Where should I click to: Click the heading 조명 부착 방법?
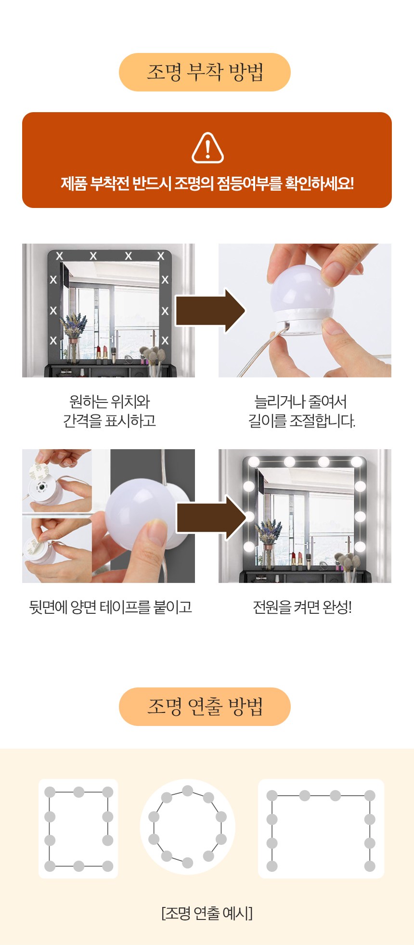pyautogui.click(x=205, y=72)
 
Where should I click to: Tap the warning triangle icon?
pyautogui.click(x=207, y=147)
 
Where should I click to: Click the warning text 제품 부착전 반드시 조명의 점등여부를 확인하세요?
pyautogui.click(x=207, y=183)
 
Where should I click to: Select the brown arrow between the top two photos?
pyautogui.click(x=210, y=311)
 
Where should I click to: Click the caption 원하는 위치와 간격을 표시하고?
pyautogui.click(x=110, y=411)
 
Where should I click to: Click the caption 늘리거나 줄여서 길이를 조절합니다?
pyautogui.click(x=302, y=411)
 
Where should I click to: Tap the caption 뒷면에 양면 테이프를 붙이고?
pyautogui.click(x=111, y=608)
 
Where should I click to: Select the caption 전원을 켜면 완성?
pyautogui.click(x=302, y=608)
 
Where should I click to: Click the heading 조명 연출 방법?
pyautogui.click(x=205, y=706)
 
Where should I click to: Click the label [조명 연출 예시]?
pyautogui.click(x=207, y=913)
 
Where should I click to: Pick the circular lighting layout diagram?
pyautogui.click(x=188, y=827)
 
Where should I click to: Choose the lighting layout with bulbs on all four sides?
pyautogui.click(x=78, y=828)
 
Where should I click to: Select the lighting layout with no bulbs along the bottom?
pyautogui.click(x=321, y=828)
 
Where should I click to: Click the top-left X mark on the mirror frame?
pyautogui.click(x=60, y=256)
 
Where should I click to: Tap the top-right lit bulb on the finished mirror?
pyautogui.click(x=357, y=461)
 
